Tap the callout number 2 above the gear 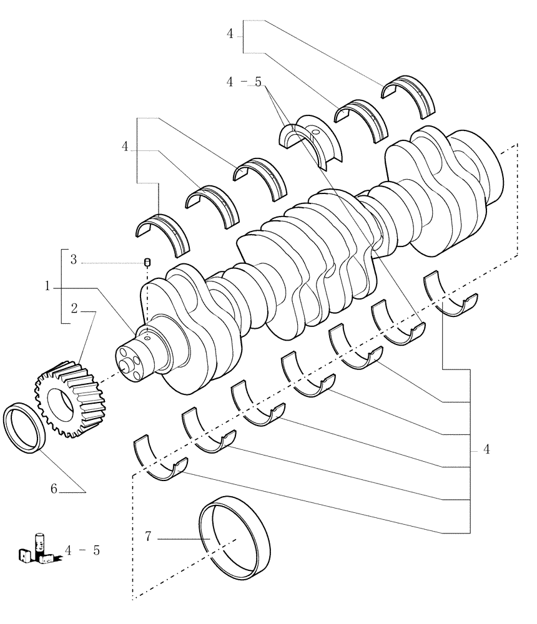point(74,308)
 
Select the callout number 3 point(74,260)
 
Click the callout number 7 point(148,536)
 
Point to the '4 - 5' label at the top point(243,82)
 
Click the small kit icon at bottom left point(37,548)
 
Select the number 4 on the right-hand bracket point(486,450)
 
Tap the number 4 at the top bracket point(230,34)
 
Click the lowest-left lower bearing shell point(161,462)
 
